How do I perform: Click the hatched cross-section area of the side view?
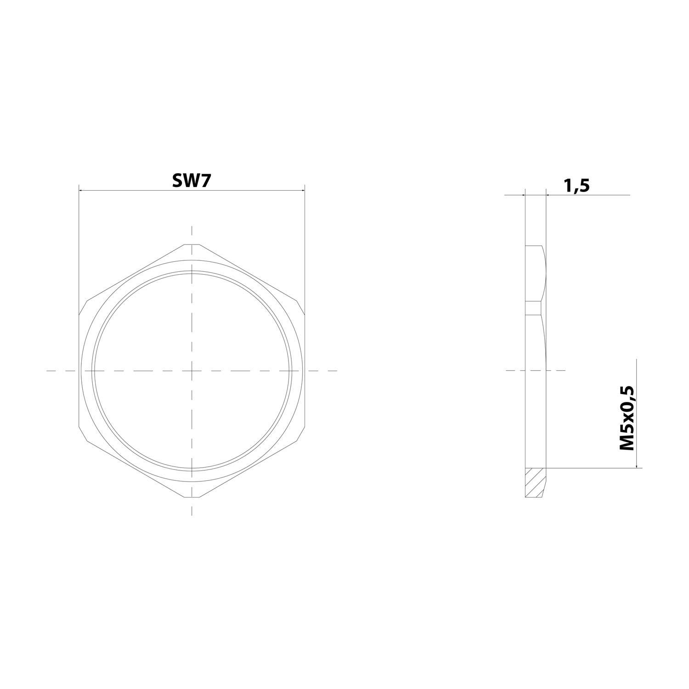[535, 482]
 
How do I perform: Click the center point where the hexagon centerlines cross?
[192, 370]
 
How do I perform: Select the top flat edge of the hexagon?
[192, 244]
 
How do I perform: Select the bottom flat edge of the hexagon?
[192, 497]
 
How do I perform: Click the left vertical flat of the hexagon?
[79, 370]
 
